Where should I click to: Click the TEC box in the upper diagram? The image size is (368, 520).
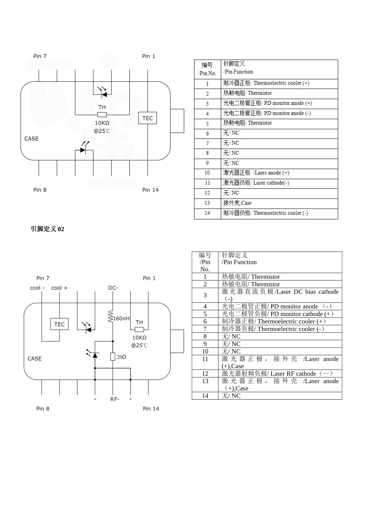[148, 118]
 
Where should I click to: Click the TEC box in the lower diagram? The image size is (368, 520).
[59, 324]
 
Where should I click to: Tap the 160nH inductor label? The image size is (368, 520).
[121, 318]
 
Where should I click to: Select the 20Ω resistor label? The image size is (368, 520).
[122, 357]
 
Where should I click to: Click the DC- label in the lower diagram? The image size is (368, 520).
[113, 288]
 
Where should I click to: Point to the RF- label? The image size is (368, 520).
[115, 399]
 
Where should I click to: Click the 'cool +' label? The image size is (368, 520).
[59, 288]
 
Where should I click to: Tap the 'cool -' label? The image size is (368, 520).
[37, 288]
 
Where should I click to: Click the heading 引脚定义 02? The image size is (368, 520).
[48, 229]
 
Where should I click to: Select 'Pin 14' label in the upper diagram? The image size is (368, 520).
[150, 190]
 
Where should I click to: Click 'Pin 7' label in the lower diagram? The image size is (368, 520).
[43, 278]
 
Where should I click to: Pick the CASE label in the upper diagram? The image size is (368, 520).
[31, 139]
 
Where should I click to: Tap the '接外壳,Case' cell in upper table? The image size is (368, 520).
[237, 203]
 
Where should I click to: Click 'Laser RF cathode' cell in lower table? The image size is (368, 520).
[277, 374]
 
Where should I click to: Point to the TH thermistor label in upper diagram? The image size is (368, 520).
[102, 107]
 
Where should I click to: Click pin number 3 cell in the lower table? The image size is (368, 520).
[205, 296]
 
